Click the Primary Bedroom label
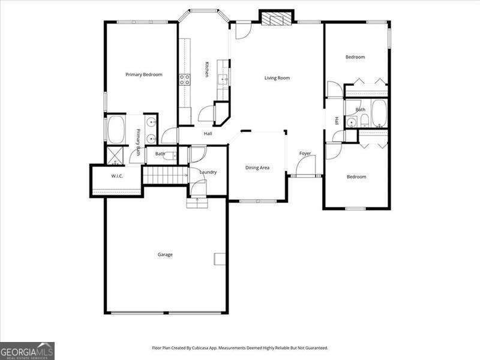(x=143, y=74)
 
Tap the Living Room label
(x=277, y=78)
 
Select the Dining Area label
(x=257, y=167)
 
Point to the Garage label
(x=165, y=254)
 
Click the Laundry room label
(x=208, y=172)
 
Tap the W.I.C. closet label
(x=117, y=176)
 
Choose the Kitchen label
(x=206, y=70)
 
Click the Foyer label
(x=305, y=154)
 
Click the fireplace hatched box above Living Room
(x=277, y=19)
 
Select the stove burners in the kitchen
(x=184, y=78)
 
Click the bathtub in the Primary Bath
(x=115, y=128)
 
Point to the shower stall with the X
(x=114, y=154)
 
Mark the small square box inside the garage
(x=219, y=259)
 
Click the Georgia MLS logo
(x=27, y=350)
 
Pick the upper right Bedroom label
(x=355, y=57)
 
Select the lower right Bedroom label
(x=356, y=177)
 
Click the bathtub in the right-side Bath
(x=379, y=113)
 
